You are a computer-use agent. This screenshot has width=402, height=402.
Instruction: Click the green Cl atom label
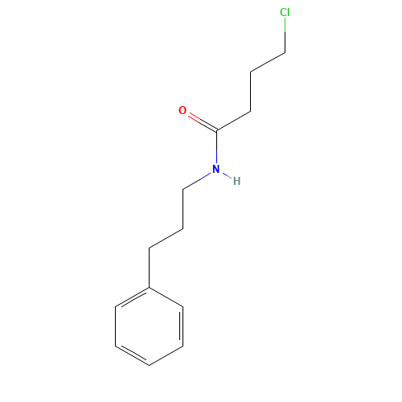[285, 13]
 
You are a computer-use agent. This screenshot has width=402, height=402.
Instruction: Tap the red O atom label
[183, 110]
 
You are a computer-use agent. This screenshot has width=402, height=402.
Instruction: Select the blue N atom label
[215, 169]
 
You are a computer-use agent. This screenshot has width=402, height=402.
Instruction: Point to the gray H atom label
[236, 181]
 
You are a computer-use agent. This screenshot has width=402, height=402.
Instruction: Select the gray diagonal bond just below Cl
[269, 62]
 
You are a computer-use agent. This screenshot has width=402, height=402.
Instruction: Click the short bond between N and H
[226, 175]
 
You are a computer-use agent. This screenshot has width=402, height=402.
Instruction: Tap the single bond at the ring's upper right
[166, 296]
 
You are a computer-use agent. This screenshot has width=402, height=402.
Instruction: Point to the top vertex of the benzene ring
[150, 287]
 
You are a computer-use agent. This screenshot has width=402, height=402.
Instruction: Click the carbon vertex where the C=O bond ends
[216, 130]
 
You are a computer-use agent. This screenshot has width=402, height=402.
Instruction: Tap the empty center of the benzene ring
[150, 326]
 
